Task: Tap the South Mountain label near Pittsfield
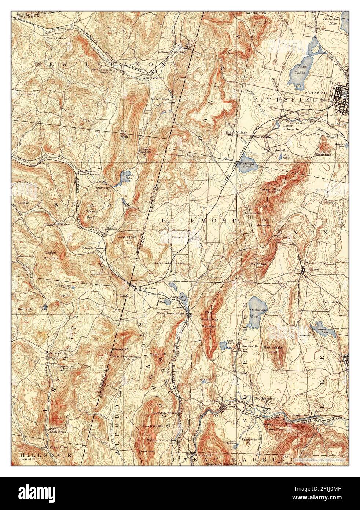(x=324, y=153)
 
